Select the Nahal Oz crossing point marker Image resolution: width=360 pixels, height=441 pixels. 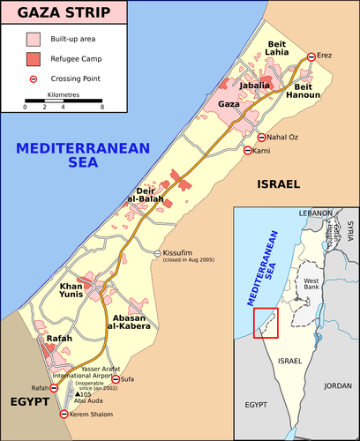[261, 137]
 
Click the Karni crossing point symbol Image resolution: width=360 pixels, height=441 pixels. [247, 151]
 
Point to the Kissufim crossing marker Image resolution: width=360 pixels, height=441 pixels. [158, 254]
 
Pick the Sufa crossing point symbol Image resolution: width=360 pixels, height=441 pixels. [115, 378]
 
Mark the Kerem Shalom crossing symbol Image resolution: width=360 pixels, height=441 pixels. [63, 414]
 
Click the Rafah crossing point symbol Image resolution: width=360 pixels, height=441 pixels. [53, 388]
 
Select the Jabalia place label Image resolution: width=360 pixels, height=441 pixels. [254, 85]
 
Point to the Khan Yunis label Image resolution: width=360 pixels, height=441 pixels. [76, 291]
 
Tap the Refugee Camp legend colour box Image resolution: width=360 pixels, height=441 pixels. [34, 59]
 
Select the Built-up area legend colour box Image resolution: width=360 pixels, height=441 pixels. [34, 40]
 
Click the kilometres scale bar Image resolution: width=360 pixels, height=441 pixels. [64, 101]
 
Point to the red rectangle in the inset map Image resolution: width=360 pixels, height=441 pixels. [266, 323]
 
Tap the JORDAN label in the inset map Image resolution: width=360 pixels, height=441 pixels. [337, 385]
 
